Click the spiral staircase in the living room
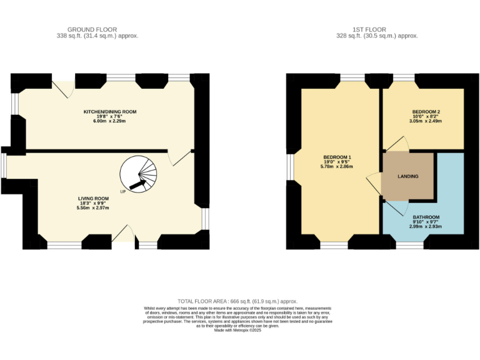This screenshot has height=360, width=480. click(138, 174)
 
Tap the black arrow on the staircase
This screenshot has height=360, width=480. click(137, 184)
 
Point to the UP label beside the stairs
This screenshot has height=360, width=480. click(122, 192)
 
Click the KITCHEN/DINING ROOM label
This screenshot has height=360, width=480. click(110, 112)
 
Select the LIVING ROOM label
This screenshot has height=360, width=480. click(93, 199)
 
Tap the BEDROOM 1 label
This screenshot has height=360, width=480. click(337, 157)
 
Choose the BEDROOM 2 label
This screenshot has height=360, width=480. click(426, 112)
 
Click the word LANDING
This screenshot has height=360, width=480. click(408, 176)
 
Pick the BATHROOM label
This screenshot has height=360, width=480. click(426, 217)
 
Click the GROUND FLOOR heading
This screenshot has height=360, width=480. click(92, 30)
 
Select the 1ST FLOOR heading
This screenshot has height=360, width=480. click(369, 30)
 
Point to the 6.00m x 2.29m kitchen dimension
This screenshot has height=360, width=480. click(109, 121)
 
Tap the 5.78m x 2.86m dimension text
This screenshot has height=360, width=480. click(337, 166)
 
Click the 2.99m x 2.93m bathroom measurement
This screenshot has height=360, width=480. click(426, 226)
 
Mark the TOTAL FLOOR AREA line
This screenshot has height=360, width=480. click(237, 301)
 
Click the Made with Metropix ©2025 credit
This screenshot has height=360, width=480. click(237, 330)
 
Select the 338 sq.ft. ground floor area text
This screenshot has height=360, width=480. click(97, 36)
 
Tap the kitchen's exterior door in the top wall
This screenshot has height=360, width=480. click(63, 89)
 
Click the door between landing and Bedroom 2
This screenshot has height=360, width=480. click(397, 144)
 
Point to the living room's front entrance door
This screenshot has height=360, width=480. click(123, 233)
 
